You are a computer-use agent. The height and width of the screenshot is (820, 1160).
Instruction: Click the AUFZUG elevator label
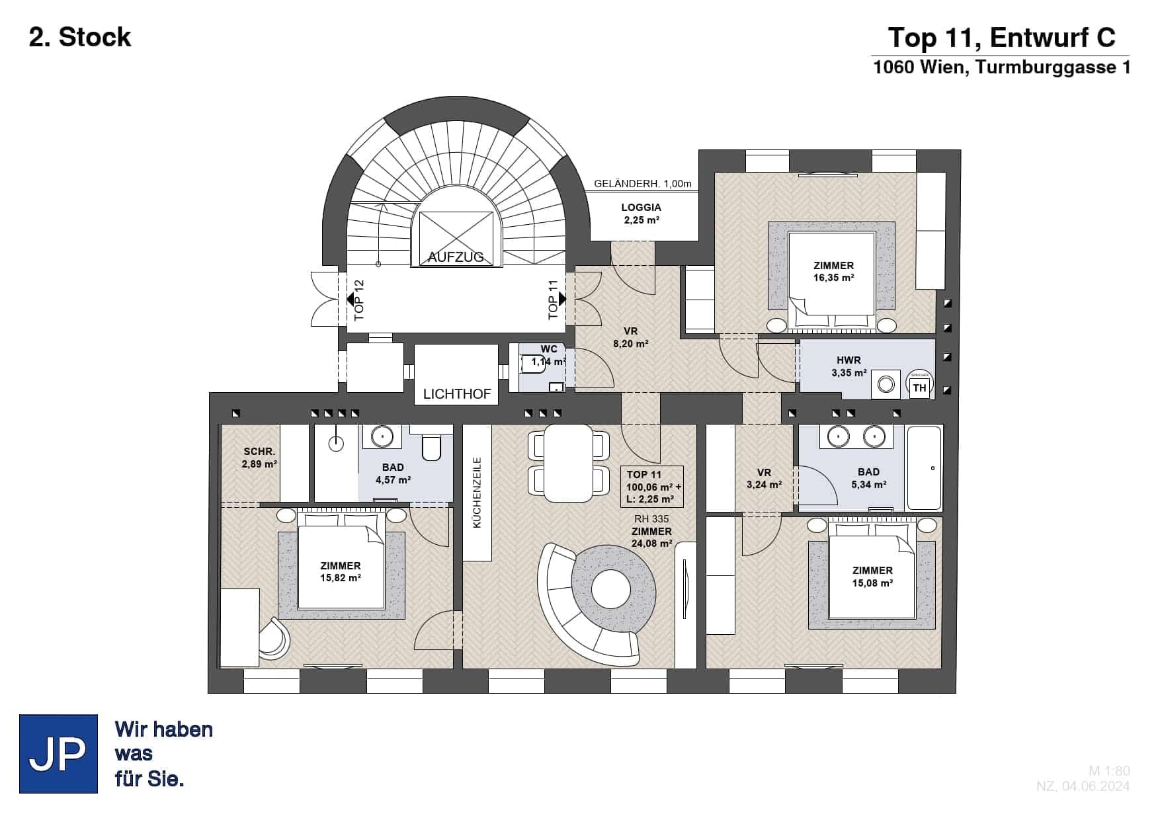coord(456,257)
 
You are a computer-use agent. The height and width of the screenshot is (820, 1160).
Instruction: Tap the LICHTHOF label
coord(457,394)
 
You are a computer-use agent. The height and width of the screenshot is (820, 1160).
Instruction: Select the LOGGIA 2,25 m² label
coord(641,214)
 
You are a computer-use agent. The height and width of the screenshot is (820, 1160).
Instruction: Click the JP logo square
coord(58,753)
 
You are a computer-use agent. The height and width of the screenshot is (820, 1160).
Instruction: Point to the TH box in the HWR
coord(919,387)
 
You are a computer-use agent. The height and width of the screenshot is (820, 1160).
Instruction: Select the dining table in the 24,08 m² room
coord(568,462)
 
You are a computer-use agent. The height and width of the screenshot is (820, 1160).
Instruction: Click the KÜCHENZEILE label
coord(477,493)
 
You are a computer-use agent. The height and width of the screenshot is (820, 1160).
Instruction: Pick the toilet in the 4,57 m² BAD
coord(431,446)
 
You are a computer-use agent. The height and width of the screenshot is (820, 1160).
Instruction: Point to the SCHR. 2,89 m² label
coord(259,458)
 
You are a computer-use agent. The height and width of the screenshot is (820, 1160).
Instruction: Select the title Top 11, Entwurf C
coord(1001,38)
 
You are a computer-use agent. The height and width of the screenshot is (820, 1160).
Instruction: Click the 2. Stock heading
coord(80,37)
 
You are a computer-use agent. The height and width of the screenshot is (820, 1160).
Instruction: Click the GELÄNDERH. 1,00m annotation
coord(642,184)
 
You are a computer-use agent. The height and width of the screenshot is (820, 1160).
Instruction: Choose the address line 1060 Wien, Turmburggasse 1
coord(1001,67)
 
